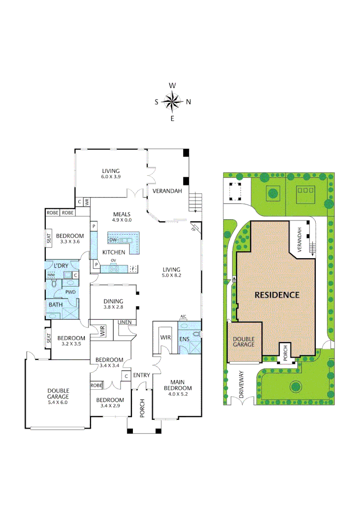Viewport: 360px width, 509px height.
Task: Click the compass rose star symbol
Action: [172, 101]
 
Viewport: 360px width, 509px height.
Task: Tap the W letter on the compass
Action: [172, 86]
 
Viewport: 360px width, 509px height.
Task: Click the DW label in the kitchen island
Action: [113, 239]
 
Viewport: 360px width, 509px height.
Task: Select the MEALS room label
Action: [122, 214]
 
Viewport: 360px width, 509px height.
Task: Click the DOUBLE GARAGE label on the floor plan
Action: [58, 394]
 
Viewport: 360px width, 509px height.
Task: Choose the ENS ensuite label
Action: [184, 338]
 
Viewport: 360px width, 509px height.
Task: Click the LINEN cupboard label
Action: [125, 322]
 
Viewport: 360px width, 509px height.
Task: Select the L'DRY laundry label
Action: [61, 266]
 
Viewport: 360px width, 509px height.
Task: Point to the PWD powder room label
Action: [70, 292]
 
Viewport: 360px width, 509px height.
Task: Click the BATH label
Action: [56, 305]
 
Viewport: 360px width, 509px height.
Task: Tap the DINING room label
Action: [113, 301]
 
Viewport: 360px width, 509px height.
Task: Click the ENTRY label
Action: [141, 375]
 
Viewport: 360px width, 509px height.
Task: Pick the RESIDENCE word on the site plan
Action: [277, 295]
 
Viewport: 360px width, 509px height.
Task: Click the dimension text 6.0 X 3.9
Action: [111, 177]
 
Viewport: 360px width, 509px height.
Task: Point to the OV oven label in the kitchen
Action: [113, 260]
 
